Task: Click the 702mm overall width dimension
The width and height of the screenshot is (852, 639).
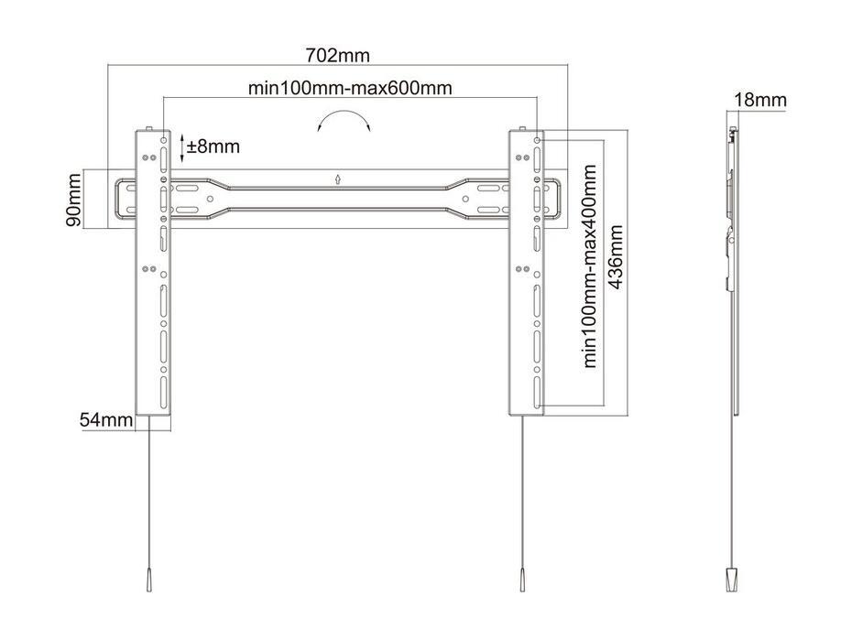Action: click(x=338, y=56)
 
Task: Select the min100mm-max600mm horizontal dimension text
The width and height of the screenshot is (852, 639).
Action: click(x=349, y=88)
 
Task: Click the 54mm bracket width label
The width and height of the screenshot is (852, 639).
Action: click(x=106, y=419)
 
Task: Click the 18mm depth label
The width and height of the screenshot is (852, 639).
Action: click(x=759, y=100)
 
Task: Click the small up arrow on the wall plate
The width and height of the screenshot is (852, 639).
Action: click(x=337, y=179)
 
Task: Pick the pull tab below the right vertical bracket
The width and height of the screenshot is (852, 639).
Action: click(x=520, y=582)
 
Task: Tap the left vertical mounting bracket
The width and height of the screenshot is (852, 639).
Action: click(x=153, y=275)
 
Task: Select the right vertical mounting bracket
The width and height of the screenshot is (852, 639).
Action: click(x=526, y=275)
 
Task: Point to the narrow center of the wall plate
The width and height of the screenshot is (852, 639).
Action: click(x=337, y=200)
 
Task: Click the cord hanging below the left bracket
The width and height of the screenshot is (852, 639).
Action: click(x=148, y=494)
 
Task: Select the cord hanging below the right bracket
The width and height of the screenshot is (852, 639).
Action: click(x=522, y=494)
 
